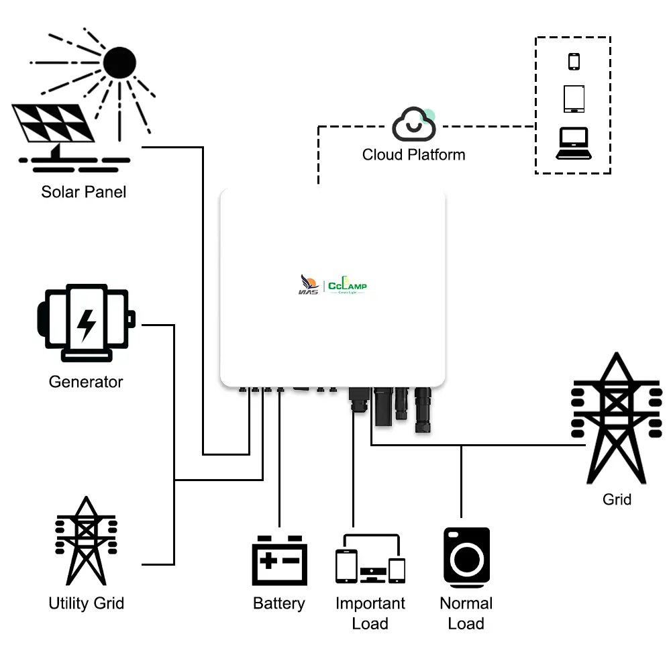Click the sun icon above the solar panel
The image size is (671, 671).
119,64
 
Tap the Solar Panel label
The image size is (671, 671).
83,192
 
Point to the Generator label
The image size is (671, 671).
86,382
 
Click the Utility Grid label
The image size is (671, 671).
86,603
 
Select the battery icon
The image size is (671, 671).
279,561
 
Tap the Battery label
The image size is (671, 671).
279,603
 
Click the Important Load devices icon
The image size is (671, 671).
370,560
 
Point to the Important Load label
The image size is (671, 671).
370,613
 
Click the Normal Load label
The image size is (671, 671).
466,613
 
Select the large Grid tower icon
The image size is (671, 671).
616,419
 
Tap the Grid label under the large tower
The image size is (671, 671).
617,499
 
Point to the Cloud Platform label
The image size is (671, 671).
413,155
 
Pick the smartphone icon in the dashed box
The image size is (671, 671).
574,61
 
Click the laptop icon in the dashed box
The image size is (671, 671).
574,144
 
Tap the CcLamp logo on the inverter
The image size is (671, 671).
348,287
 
